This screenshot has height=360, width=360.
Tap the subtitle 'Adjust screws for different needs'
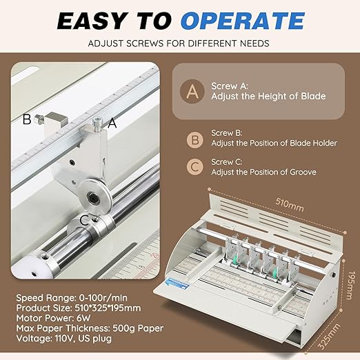coord(180,44)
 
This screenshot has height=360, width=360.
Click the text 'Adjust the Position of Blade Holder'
coord(273,143)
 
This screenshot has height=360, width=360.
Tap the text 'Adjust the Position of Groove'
coord(261,172)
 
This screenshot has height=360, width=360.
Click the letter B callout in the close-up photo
coord(26,119)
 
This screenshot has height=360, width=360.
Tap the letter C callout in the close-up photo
coord(83,220)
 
